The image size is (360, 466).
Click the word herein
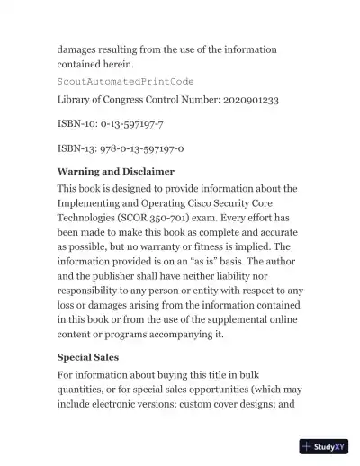pos(116,65)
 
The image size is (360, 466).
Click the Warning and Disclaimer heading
pos(115,171)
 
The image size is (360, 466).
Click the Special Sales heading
pos(90,357)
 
